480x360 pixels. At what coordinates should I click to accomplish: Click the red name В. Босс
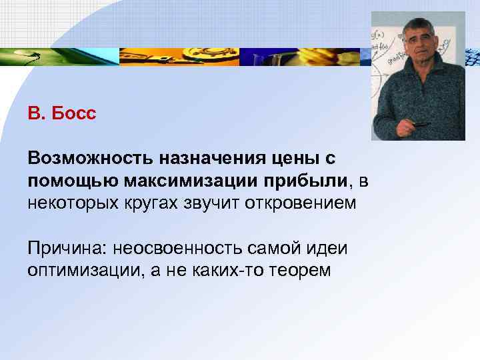(x=62, y=113)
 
